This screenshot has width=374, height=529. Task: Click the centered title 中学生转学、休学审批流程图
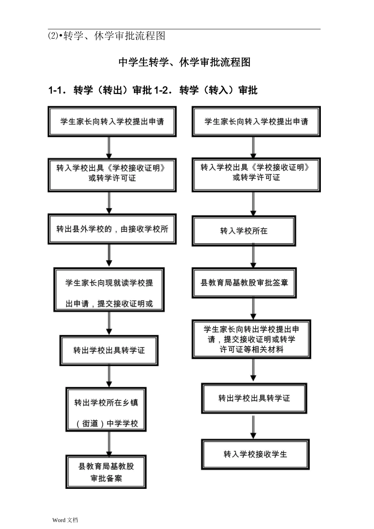[x=184, y=62]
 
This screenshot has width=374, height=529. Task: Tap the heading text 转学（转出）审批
[x=113, y=91]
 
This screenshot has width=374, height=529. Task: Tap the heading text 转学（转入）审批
[x=218, y=91]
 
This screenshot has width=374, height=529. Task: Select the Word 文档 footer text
[x=65, y=520]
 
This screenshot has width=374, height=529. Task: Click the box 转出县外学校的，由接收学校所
[x=112, y=229]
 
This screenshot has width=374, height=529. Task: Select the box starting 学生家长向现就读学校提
[x=109, y=290]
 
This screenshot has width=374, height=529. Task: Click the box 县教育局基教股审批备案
[x=106, y=472]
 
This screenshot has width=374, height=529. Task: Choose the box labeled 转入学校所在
[x=244, y=231]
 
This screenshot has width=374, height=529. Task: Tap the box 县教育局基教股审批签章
[x=244, y=283]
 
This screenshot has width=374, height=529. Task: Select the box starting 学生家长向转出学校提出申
[x=251, y=339]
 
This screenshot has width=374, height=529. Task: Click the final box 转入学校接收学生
[x=255, y=455]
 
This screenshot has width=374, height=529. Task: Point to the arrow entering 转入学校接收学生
[x=253, y=427]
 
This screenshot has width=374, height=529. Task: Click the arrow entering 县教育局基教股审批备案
[x=109, y=444]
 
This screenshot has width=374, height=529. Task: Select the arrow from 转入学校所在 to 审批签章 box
[x=253, y=257]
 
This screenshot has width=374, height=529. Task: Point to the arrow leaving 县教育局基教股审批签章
[x=253, y=309]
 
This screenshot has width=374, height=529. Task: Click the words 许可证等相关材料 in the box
[x=252, y=350]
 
